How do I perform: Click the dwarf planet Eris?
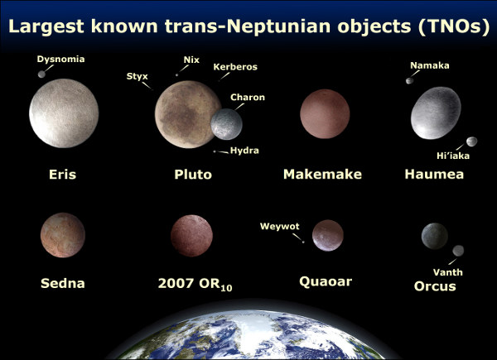pyautogui.click(x=64, y=114)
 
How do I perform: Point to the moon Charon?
pyautogui.click(x=227, y=125)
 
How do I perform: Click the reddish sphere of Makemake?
pyautogui.click(x=324, y=114)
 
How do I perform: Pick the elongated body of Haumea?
pyautogui.click(x=436, y=114)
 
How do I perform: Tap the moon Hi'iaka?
pyautogui.click(x=471, y=142)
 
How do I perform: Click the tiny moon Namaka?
pyautogui.click(x=408, y=80)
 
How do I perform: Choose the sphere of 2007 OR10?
pyautogui.click(x=191, y=236)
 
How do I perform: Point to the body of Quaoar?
pyautogui.click(x=328, y=235)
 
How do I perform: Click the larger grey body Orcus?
pyautogui.click(x=433, y=237)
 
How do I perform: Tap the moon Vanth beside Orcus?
pyautogui.click(x=458, y=250)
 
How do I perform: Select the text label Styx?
pyautogui.click(x=137, y=76)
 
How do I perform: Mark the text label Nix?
pyautogui.click(x=190, y=60)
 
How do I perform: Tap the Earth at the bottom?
pyautogui.click(x=248, y=335)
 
